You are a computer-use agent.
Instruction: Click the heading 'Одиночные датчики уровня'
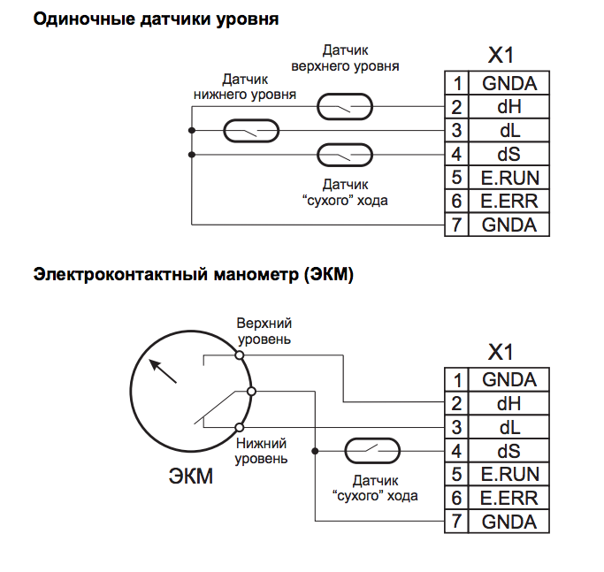pyautogui.click(x=156, y=19)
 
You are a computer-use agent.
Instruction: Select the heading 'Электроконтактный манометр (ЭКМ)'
pyautogui.click(x=193, y=275)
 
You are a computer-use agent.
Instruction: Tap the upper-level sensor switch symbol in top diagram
pyautogui.click(x=344, y=108)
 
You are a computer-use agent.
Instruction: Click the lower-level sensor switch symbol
pyautogui.click(x=250, y=131)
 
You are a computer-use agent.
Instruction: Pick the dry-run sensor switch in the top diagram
pyautogui.click(x=344, y=155)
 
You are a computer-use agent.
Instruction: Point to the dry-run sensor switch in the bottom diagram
pyautogui.click(x=371, y=450)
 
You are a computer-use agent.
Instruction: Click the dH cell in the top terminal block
pyautogui.click(x=509, y=108)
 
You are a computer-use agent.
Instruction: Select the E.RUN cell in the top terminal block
pyautogui.click(x=509, y=178)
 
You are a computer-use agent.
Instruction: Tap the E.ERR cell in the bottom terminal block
pyautogui.click(x=509, y=498)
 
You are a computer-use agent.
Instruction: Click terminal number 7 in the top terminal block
pyautogui.click(x=457, y=225)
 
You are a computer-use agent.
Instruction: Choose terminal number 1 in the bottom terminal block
pyautogui.click(x=457, y=380)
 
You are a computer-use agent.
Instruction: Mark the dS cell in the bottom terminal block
pyautogui.click(x=509, y=451)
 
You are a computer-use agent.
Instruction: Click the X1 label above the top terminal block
pyautogui.click(x=501, y=56)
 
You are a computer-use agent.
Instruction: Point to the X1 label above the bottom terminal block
pyautogui.click(x=501, y=352)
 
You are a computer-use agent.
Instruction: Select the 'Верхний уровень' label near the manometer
pyautogui.click(x=264, y=332)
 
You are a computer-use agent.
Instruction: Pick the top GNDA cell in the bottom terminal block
pyautogui.click(x=509, y=380)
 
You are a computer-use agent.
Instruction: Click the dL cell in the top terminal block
pyautogui.click(x=509, y=131)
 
